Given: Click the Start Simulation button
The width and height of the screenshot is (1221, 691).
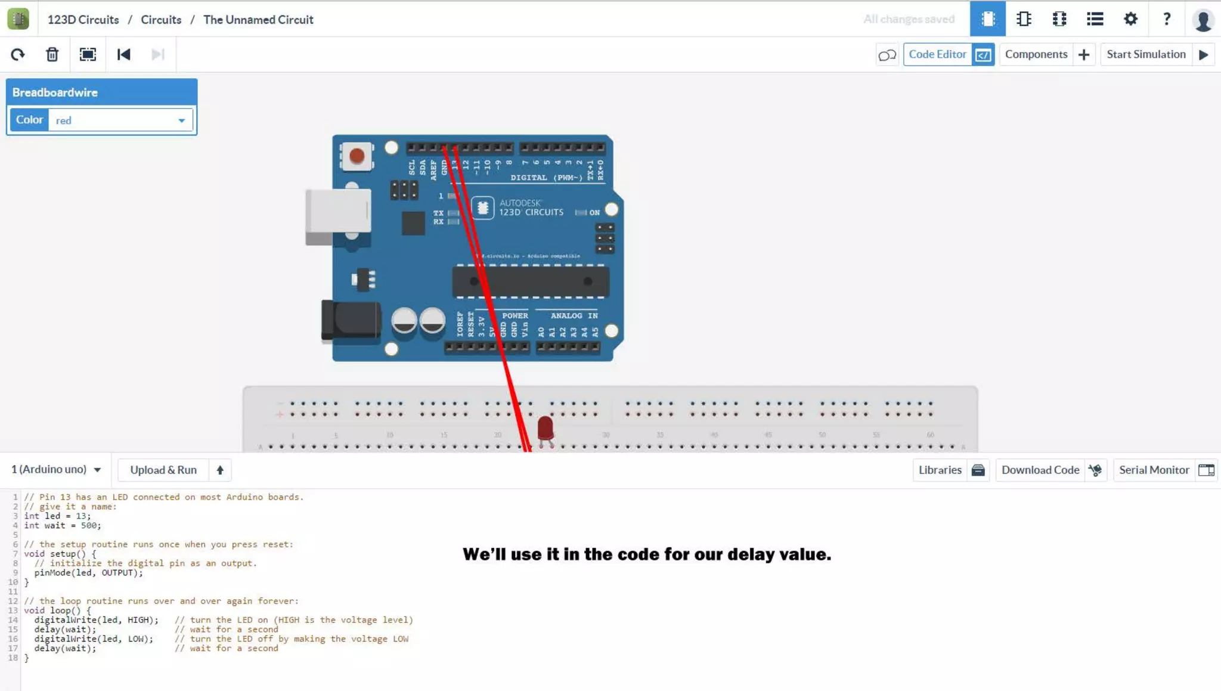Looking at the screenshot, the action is pos(1157,54).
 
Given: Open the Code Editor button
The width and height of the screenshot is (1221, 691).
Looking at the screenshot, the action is pos(948,54).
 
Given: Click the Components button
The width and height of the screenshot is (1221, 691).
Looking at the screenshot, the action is pos(1046,54).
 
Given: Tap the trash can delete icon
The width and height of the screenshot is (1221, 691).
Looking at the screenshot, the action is pos(52,54).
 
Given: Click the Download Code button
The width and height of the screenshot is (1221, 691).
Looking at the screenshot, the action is pos(1050,470).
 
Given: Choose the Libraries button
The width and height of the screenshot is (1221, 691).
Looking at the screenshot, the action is pos(950,470).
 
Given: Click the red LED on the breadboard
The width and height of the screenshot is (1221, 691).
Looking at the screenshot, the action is pos(545,427).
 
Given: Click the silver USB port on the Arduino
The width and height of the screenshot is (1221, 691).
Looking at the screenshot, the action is pos(338,215).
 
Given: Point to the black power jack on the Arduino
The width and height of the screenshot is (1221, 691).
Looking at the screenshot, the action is pos(351,321).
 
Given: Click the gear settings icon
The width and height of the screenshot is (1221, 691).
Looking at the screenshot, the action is pos(1130,19).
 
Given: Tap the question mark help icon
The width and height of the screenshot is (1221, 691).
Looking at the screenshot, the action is pos(1167,19).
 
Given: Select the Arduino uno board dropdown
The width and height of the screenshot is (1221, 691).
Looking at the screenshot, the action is pos(56,469).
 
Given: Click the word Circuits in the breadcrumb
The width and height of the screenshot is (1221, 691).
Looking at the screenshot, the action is pos(161,20).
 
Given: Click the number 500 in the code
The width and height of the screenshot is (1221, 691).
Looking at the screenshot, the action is pos(90,525).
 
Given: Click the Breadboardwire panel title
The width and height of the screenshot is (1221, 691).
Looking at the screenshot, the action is pos(55,92).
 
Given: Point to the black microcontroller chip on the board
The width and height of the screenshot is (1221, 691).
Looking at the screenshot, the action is pos(530,281).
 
